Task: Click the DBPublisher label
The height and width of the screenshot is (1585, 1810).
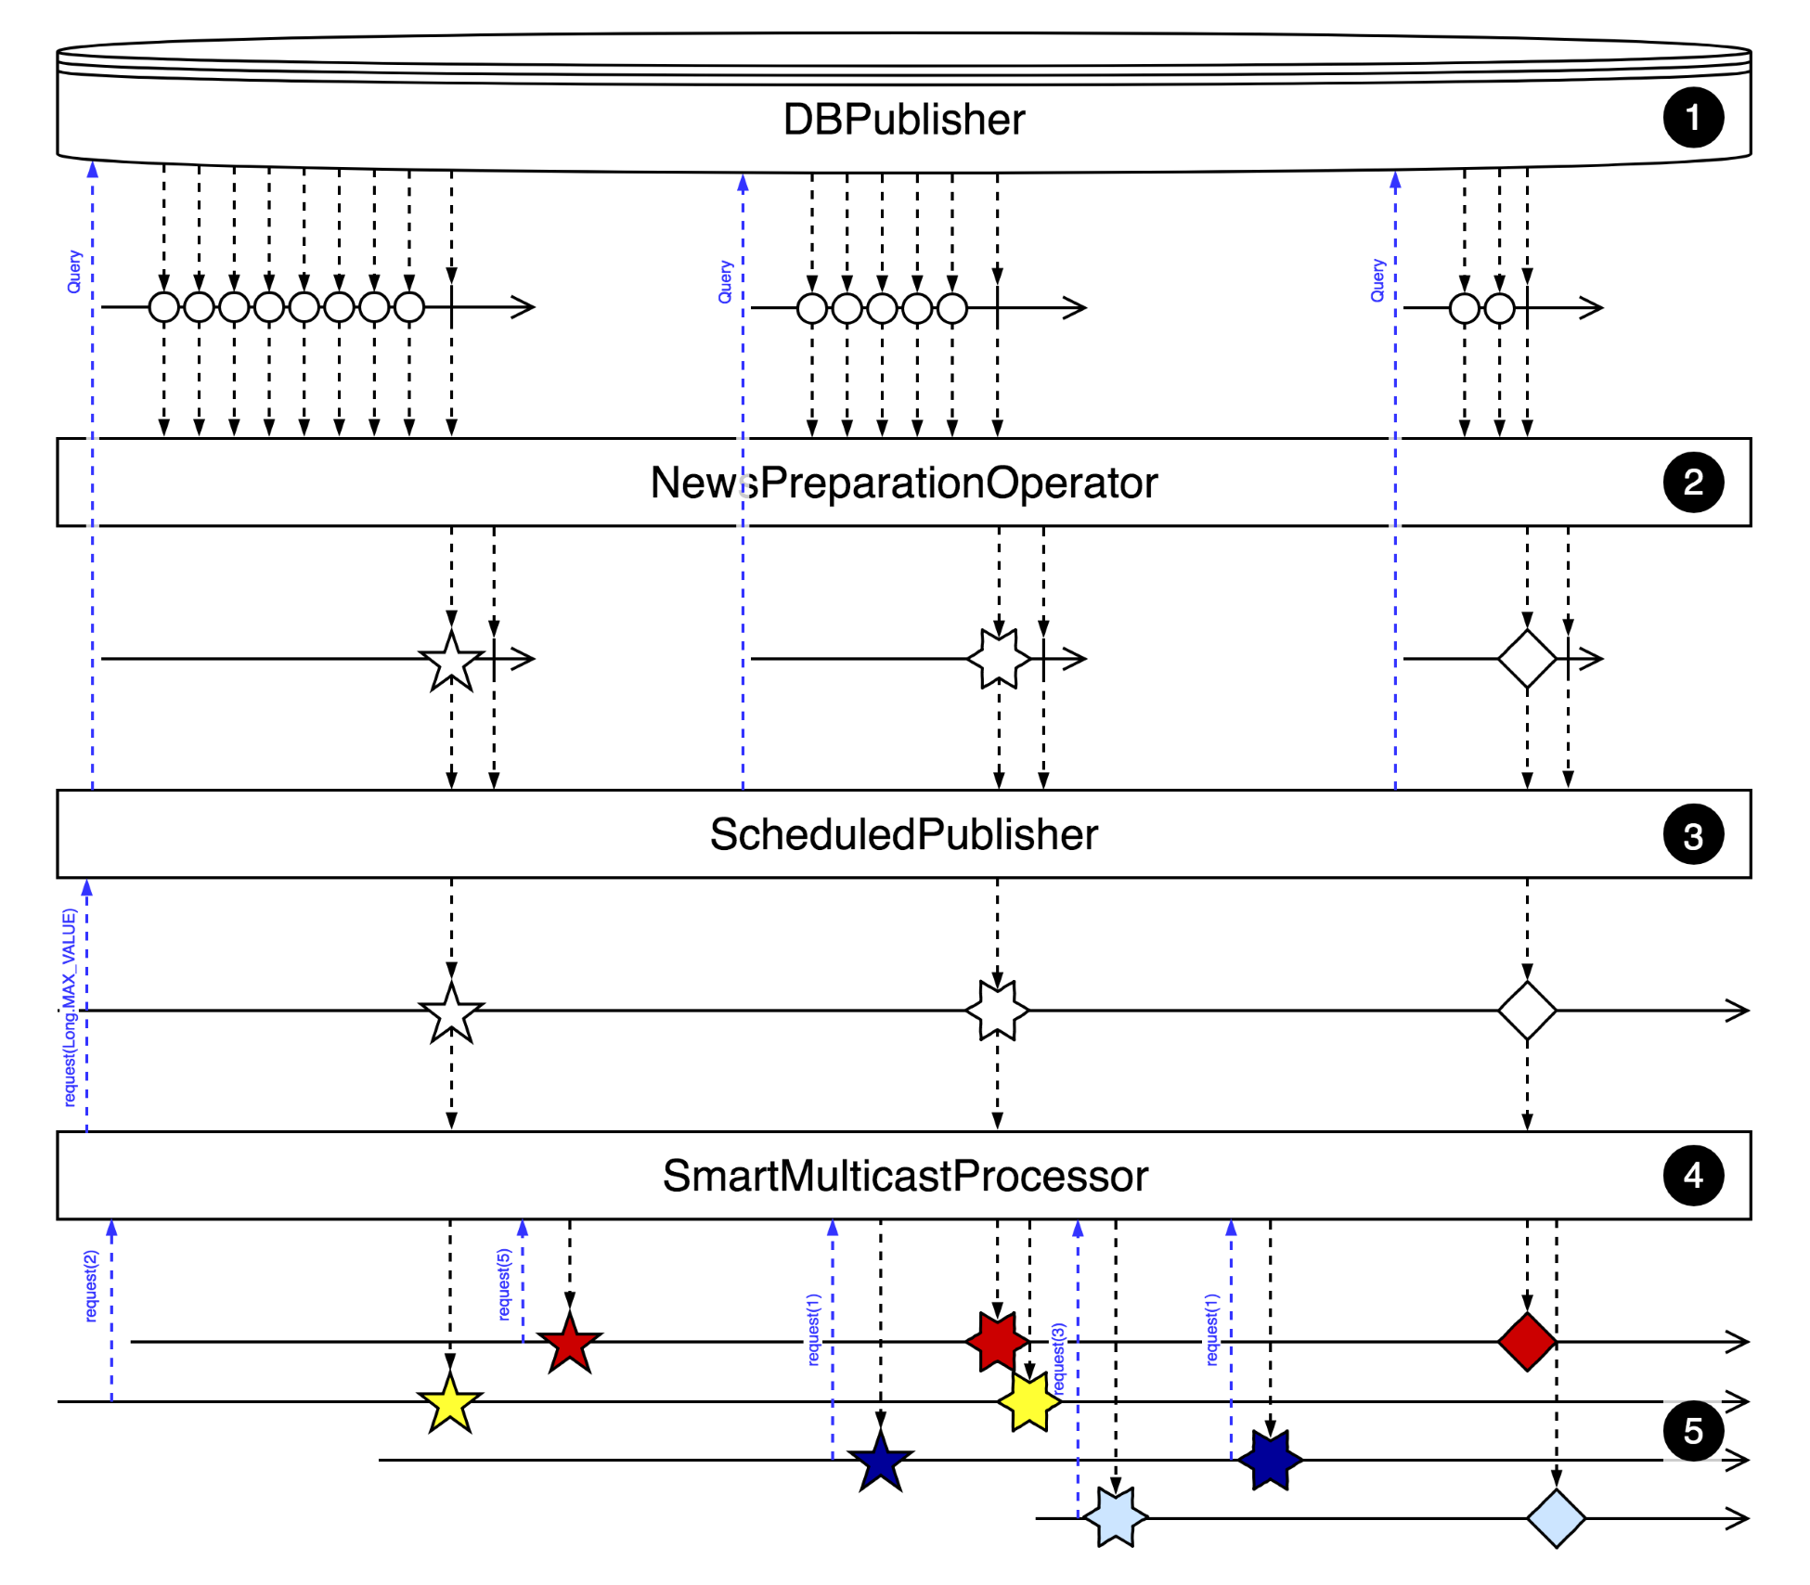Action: point(903,120)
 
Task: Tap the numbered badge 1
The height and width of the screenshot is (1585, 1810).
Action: point(1692,118)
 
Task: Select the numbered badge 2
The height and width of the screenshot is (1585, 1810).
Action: point(1692,482)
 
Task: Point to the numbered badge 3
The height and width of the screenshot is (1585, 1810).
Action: point(1692,835)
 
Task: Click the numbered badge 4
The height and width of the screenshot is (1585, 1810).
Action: point(1692,1176)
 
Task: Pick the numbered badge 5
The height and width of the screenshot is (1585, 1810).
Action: point(1692,1431)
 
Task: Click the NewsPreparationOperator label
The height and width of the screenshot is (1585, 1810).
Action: point(903,483)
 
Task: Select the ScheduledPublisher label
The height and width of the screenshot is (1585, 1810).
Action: point(903,834)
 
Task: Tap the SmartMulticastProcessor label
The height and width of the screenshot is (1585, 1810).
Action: point(905,1176)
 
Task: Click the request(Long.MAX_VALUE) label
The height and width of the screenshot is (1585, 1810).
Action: point(70,1008)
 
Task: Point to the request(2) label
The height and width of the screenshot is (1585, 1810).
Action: point(91,1286)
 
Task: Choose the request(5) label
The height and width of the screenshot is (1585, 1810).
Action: point(504,1284)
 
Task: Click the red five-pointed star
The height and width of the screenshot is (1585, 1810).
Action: point(569,1344)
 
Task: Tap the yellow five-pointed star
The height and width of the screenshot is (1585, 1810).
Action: point(450,1403)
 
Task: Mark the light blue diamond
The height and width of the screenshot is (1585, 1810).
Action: point(1556,1518)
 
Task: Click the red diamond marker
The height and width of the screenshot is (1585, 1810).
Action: point(1527,1341)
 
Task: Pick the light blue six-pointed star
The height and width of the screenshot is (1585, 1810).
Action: point(1115,1517)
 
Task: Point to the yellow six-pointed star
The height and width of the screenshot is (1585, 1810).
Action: point(1029,1401)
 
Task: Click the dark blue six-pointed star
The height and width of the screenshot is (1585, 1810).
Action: point(1270,1460)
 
